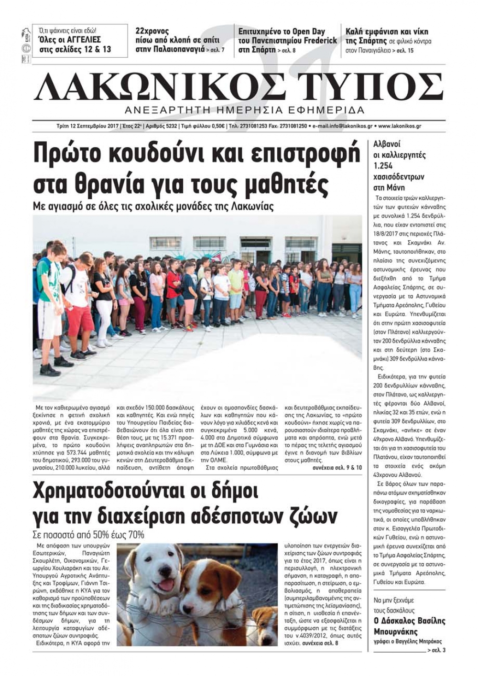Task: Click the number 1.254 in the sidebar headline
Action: (x=383, y=166)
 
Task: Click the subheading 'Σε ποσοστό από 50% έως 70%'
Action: (x=88, y=535)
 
